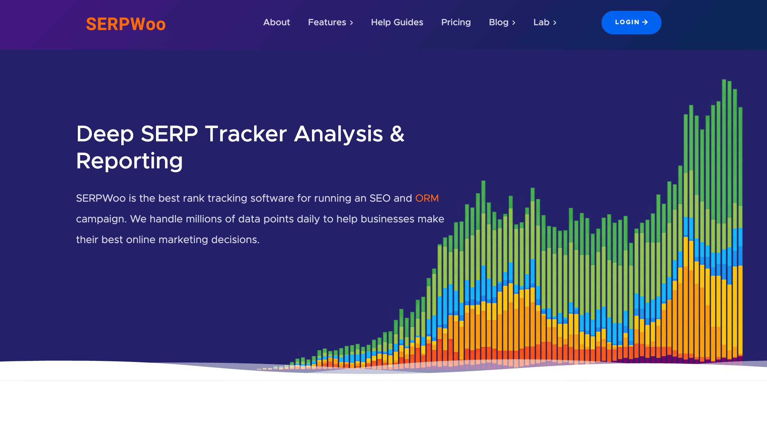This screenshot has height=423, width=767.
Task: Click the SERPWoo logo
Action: coord(125,24)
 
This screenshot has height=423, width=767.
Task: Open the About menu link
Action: coord(277,22)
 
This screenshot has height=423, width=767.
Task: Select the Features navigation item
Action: coord(327,22)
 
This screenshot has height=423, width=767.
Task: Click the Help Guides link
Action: coord(397,22)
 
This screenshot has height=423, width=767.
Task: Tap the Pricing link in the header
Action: coord(456,22)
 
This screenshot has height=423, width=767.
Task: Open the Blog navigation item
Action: coord(498,22)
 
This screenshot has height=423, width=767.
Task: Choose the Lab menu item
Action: coord(541,22)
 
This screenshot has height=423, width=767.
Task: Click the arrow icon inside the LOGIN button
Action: coord(645,22)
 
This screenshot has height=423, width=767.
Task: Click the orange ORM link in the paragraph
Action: coord(427,198)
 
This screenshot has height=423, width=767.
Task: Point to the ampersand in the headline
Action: coord(397,134)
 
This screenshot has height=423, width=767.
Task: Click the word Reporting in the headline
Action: coord(129,161)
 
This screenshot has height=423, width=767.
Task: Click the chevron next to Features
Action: coord(351,23)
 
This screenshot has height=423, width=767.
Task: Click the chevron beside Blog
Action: coord(514,23)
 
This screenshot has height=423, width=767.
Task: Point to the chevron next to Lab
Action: coord(555,23)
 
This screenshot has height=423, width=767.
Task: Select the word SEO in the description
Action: coord(380,198)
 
